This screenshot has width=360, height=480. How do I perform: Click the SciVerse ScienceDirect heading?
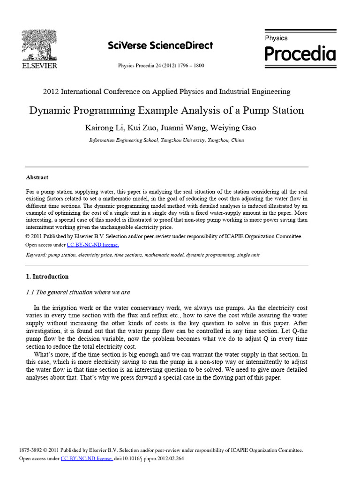coord(160,45)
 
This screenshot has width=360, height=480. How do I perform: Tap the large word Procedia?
coord(300,54)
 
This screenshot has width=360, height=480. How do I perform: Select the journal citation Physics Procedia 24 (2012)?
coord(161,66)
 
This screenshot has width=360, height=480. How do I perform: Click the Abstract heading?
coord(37,178)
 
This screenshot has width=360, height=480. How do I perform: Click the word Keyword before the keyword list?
coord(36,255)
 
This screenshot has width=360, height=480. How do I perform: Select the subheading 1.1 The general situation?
coord(78,292)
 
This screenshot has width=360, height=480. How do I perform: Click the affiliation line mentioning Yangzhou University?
coord(166,140)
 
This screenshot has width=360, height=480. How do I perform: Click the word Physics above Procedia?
coord(277,38)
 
